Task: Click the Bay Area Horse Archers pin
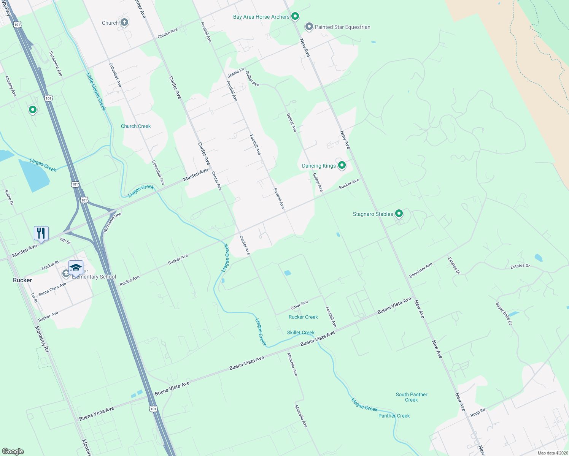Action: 295,16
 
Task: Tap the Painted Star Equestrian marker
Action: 309,27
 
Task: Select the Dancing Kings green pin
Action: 342,165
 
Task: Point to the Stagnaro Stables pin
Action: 399,214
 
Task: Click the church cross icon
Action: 124,22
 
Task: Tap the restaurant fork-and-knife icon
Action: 41,233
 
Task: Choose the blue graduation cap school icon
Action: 76,267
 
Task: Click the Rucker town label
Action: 22,280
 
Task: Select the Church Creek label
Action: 136,126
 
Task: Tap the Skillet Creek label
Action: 300,332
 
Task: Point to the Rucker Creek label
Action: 303,317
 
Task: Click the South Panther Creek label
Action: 412,397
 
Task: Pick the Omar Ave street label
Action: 299,305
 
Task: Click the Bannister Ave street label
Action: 421,270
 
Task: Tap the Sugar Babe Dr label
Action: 504,313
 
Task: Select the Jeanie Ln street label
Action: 236,73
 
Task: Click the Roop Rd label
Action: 478,412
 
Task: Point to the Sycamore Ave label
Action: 56,63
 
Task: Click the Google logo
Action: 13,451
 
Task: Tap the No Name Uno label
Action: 112,222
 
